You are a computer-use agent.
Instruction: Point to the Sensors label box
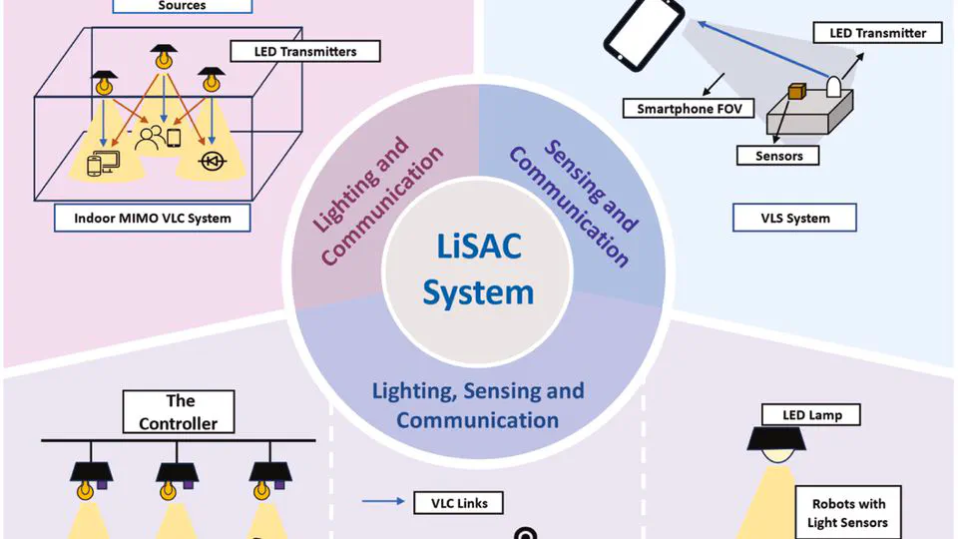[779, 155]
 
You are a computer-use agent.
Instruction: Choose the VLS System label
[794, 217]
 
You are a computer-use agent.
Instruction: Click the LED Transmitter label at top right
[878, 33]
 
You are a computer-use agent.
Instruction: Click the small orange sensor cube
[797, 91]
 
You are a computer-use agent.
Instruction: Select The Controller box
[180, 412]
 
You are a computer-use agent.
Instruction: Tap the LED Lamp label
[809, 414]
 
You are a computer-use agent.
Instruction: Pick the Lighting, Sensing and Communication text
[478, 404]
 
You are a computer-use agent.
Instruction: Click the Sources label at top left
[182, 6]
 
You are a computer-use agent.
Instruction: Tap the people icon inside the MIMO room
[152, 136]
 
